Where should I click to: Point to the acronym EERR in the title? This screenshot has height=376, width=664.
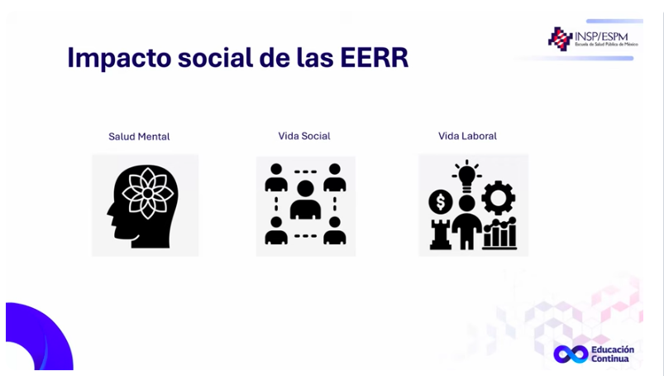click(375, 57)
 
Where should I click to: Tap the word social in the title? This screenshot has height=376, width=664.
click(215, 57)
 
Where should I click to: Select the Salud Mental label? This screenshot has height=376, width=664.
click(139, 137)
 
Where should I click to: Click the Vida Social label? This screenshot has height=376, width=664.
click(304, 136)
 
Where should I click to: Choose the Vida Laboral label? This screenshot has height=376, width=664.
click(467, 136)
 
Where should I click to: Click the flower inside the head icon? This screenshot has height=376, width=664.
click(148, 193)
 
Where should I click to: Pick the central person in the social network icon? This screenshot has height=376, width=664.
click(305, 200)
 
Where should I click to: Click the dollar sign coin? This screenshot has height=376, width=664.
click(441, 202)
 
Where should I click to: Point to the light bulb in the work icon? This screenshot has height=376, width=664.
click(466, 175)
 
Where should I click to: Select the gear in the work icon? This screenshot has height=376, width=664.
click(499, 198)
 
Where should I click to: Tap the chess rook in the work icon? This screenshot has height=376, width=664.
click(441, 234)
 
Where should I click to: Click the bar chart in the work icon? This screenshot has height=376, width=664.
click(500, 234)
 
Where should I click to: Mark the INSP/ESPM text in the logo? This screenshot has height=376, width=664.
click(601, 37)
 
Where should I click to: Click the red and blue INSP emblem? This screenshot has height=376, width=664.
click(561, 39)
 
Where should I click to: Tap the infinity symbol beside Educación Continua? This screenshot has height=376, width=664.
click(571, 354)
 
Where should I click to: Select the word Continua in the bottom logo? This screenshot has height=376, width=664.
click(609, 359)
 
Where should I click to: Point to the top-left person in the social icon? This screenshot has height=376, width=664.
click(276, 177)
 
